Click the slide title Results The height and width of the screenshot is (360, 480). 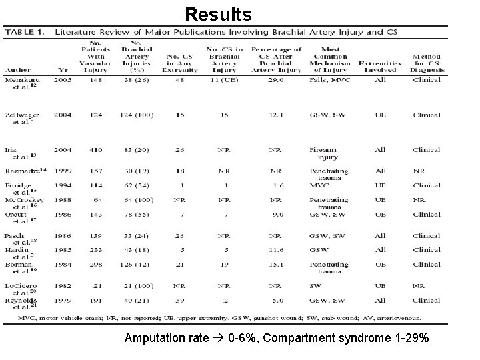pos(218,14)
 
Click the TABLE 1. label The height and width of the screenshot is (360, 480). pos(26,32)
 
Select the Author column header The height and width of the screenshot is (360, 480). pos(17,69)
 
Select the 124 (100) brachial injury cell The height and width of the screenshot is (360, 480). pos(138,115)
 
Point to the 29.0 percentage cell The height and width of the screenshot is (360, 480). pos(275,80)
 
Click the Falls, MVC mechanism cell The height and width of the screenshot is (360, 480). pos(328,80)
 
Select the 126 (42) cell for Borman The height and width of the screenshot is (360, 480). pos(138,265)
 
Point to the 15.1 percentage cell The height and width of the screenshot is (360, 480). pos(275,265)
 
